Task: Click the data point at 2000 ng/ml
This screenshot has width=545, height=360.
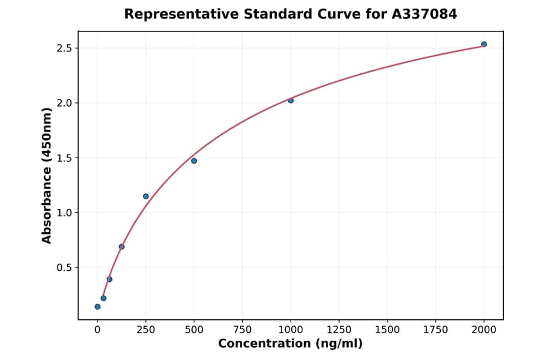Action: (484, 44)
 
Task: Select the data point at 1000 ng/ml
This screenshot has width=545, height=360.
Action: (291, 101)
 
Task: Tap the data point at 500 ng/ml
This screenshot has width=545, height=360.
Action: (194, 161)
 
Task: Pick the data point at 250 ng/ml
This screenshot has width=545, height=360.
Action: (146, 196)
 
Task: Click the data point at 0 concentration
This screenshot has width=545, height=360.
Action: (97, 307)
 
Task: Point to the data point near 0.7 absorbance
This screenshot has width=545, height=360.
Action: (122, 247)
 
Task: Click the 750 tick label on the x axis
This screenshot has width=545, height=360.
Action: (242, 330)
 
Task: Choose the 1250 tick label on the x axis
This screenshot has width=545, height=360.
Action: (339, 330)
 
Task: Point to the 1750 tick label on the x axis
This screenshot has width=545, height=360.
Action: (435, 330)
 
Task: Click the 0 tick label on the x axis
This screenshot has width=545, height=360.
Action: (97, 330)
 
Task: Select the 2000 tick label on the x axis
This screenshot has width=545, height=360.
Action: (484, 330)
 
